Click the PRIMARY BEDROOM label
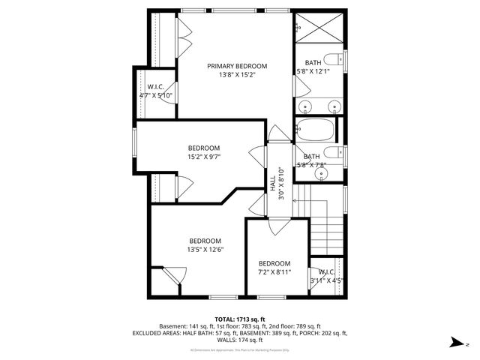pyautogui.click(x=237, y=66)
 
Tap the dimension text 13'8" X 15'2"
pyautogui.click(x=237, y=75)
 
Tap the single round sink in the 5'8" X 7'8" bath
pyautogui.click(x=321, y=173)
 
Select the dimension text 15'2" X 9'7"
pyautogui.click(x=204, y=157)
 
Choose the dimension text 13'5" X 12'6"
pyautogui.click(x=205, y=250)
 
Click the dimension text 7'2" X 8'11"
pyautogui.click(x=274, y=272)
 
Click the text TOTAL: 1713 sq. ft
pyautogui.click(x=239, y=319)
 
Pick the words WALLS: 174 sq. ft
pyautogui.click(x=239, y=340)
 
